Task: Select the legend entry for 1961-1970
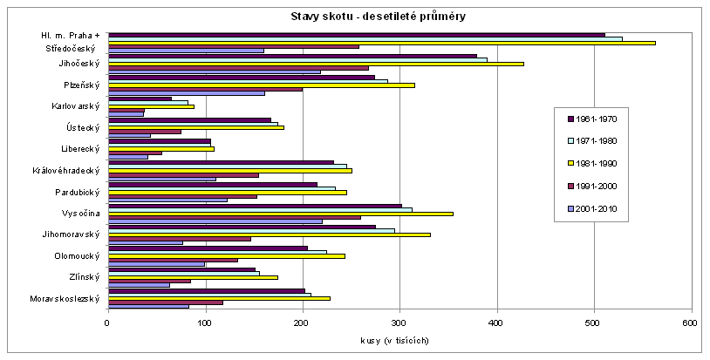coord(602,119)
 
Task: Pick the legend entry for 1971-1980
coord(602,141)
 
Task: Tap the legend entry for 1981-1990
coord(602,163)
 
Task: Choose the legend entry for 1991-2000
coord(602,186)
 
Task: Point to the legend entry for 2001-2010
coord(602,208)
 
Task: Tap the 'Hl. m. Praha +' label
coord(71,35)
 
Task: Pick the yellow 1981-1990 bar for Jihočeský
coord(315,64)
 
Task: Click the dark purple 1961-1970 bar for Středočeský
coord(356,35)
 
